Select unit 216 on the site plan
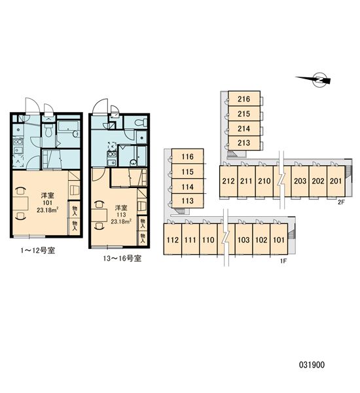click(x=244, y=98)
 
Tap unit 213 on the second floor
click(x=244, y=143)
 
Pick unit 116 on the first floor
click(x=188, y=157)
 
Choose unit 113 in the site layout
click(x=188, y=201)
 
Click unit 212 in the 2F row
click(x=228, y=181)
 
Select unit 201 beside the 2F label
click(x=336, y=181)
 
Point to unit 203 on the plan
click(x=300, y=181)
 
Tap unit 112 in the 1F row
click(x=173, y=240)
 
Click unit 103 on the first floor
click(x=243, y=240)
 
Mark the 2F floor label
click(x=341, y=202)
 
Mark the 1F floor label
click(x=283, y=261)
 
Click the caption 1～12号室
click(x=38, y=250)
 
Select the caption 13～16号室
click(x=122, y=258)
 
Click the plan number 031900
click(x=312, y=365)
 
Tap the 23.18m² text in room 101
click(x=48, y=210)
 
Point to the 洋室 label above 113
click(x=121, y=208)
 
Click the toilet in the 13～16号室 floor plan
click(x=141, y=123)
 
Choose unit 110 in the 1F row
click(x=208, y=240)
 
